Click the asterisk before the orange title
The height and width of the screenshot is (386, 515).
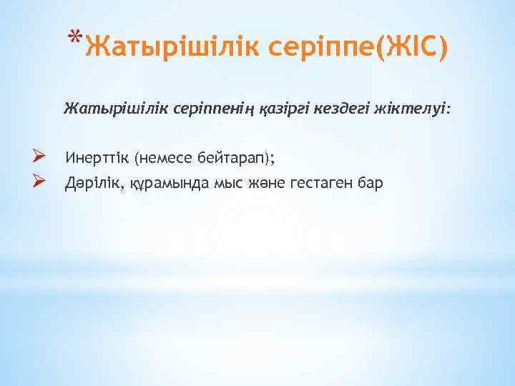[77, 36]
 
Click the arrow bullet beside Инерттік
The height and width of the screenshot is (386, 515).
[40, 156]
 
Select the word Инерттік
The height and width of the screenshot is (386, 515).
[97, 157]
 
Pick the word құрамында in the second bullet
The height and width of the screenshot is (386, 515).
[170, 183]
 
